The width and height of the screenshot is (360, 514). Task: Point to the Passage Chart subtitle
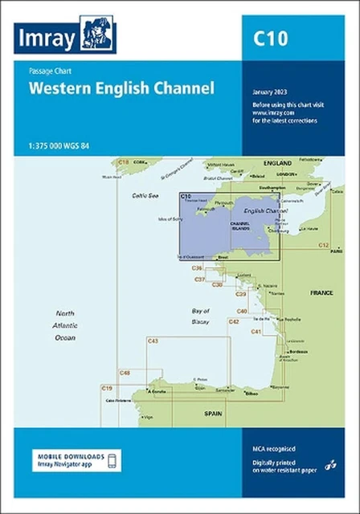(x=47, y=71)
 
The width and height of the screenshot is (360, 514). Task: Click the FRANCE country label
(x=321, y=293)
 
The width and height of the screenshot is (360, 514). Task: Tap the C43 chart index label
(x=152, y=341)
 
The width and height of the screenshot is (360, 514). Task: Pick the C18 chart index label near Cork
(x=123, y=162)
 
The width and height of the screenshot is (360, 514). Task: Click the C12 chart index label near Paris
(x=323, y=244)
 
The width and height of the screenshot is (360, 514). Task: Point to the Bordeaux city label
(x=298, y=352)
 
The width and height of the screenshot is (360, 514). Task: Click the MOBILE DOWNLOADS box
(x=78, y=460)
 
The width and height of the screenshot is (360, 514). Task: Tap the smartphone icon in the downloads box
(x=112, y=460)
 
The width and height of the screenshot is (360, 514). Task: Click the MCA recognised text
(x=268, y=447)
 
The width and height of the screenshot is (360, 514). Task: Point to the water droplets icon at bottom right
(x=330, y=465)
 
